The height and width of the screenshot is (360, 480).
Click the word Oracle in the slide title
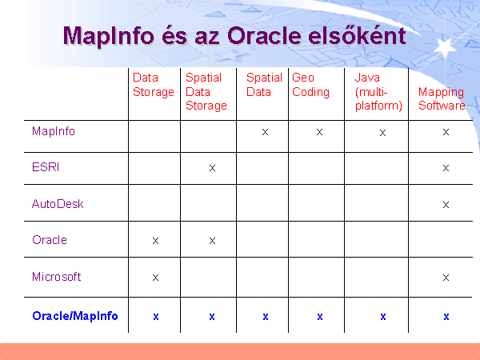pos(265,35)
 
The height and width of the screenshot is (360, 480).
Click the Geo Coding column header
pos(310,85)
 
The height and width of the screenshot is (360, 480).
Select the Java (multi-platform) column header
pos(378,91)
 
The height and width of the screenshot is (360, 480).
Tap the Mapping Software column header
pos(442,98)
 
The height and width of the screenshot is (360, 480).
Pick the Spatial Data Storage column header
pos(206,91)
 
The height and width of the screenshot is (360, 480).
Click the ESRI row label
pos(46,167)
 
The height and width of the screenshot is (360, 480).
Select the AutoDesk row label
pos(58,204)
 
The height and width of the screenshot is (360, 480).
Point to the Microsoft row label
pos(56,277)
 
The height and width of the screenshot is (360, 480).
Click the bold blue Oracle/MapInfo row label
pos(75,316)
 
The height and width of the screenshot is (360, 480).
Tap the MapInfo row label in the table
pos(54,131)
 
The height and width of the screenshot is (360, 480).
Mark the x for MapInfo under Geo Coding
pos(319,132)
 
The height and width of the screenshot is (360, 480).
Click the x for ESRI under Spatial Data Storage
pos(212,168)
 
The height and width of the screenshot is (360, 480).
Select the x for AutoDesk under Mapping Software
pos(446,205)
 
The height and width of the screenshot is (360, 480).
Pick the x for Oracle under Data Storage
pos(155,241)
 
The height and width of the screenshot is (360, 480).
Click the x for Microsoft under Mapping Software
pos(446,278)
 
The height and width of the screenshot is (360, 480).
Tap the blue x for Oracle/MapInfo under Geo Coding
pos(320,317)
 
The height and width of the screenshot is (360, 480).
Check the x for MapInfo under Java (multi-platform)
pos(382,133)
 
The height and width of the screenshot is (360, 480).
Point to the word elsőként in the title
pos(357,35)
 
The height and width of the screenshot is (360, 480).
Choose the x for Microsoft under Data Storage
pos(155,278)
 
